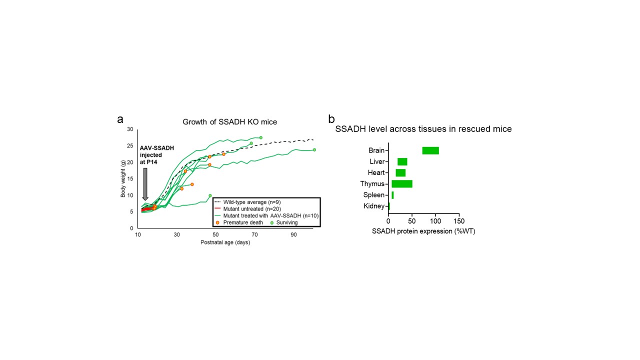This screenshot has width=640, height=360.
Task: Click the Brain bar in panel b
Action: click(x=430, y=150)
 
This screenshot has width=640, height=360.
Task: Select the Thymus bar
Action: click(x=402, y=184)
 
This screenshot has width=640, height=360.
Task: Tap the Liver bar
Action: click(x=402, y=161)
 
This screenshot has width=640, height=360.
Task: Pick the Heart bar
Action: click(x=400, y=172)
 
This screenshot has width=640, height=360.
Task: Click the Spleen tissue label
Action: click(x=374, y=195)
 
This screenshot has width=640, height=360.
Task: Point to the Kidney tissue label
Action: click(x=374, y=206)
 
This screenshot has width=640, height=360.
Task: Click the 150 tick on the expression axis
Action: click(x=459, y=221)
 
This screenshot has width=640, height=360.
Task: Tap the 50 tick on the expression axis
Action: click(x=412, y=221)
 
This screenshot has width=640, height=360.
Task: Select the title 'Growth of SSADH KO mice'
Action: click(x=229, y=121)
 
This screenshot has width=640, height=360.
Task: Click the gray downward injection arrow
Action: click(x=145, y=183)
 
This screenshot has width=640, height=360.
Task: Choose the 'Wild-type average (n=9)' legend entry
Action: click(x=255, y=202)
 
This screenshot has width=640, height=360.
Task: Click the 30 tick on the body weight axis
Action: click(x=130, y=129)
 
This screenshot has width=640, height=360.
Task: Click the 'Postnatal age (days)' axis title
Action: click(x=225, y=242)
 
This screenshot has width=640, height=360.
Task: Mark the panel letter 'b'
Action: click(x=331, y=119)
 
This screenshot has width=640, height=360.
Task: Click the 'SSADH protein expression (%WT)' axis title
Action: click(x=423, y=231)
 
